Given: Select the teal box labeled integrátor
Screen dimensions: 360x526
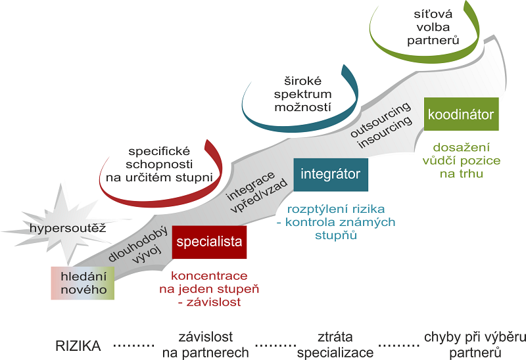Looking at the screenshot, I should click(x=330, y=174).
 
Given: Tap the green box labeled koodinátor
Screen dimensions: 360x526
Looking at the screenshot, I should click(x=460, y=115).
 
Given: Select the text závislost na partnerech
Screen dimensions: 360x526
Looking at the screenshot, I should click(x=205, y=345).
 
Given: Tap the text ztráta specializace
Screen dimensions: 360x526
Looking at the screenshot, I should click(x=335, y=345).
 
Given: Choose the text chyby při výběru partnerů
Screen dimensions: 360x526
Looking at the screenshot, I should click(x=475, y=345).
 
